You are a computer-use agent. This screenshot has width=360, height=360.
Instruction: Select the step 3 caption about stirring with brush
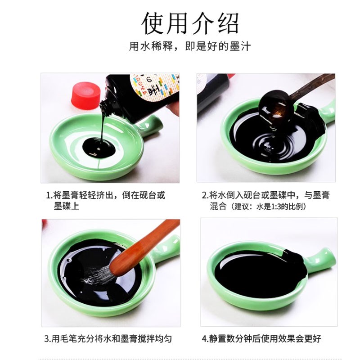coord(108,338)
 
